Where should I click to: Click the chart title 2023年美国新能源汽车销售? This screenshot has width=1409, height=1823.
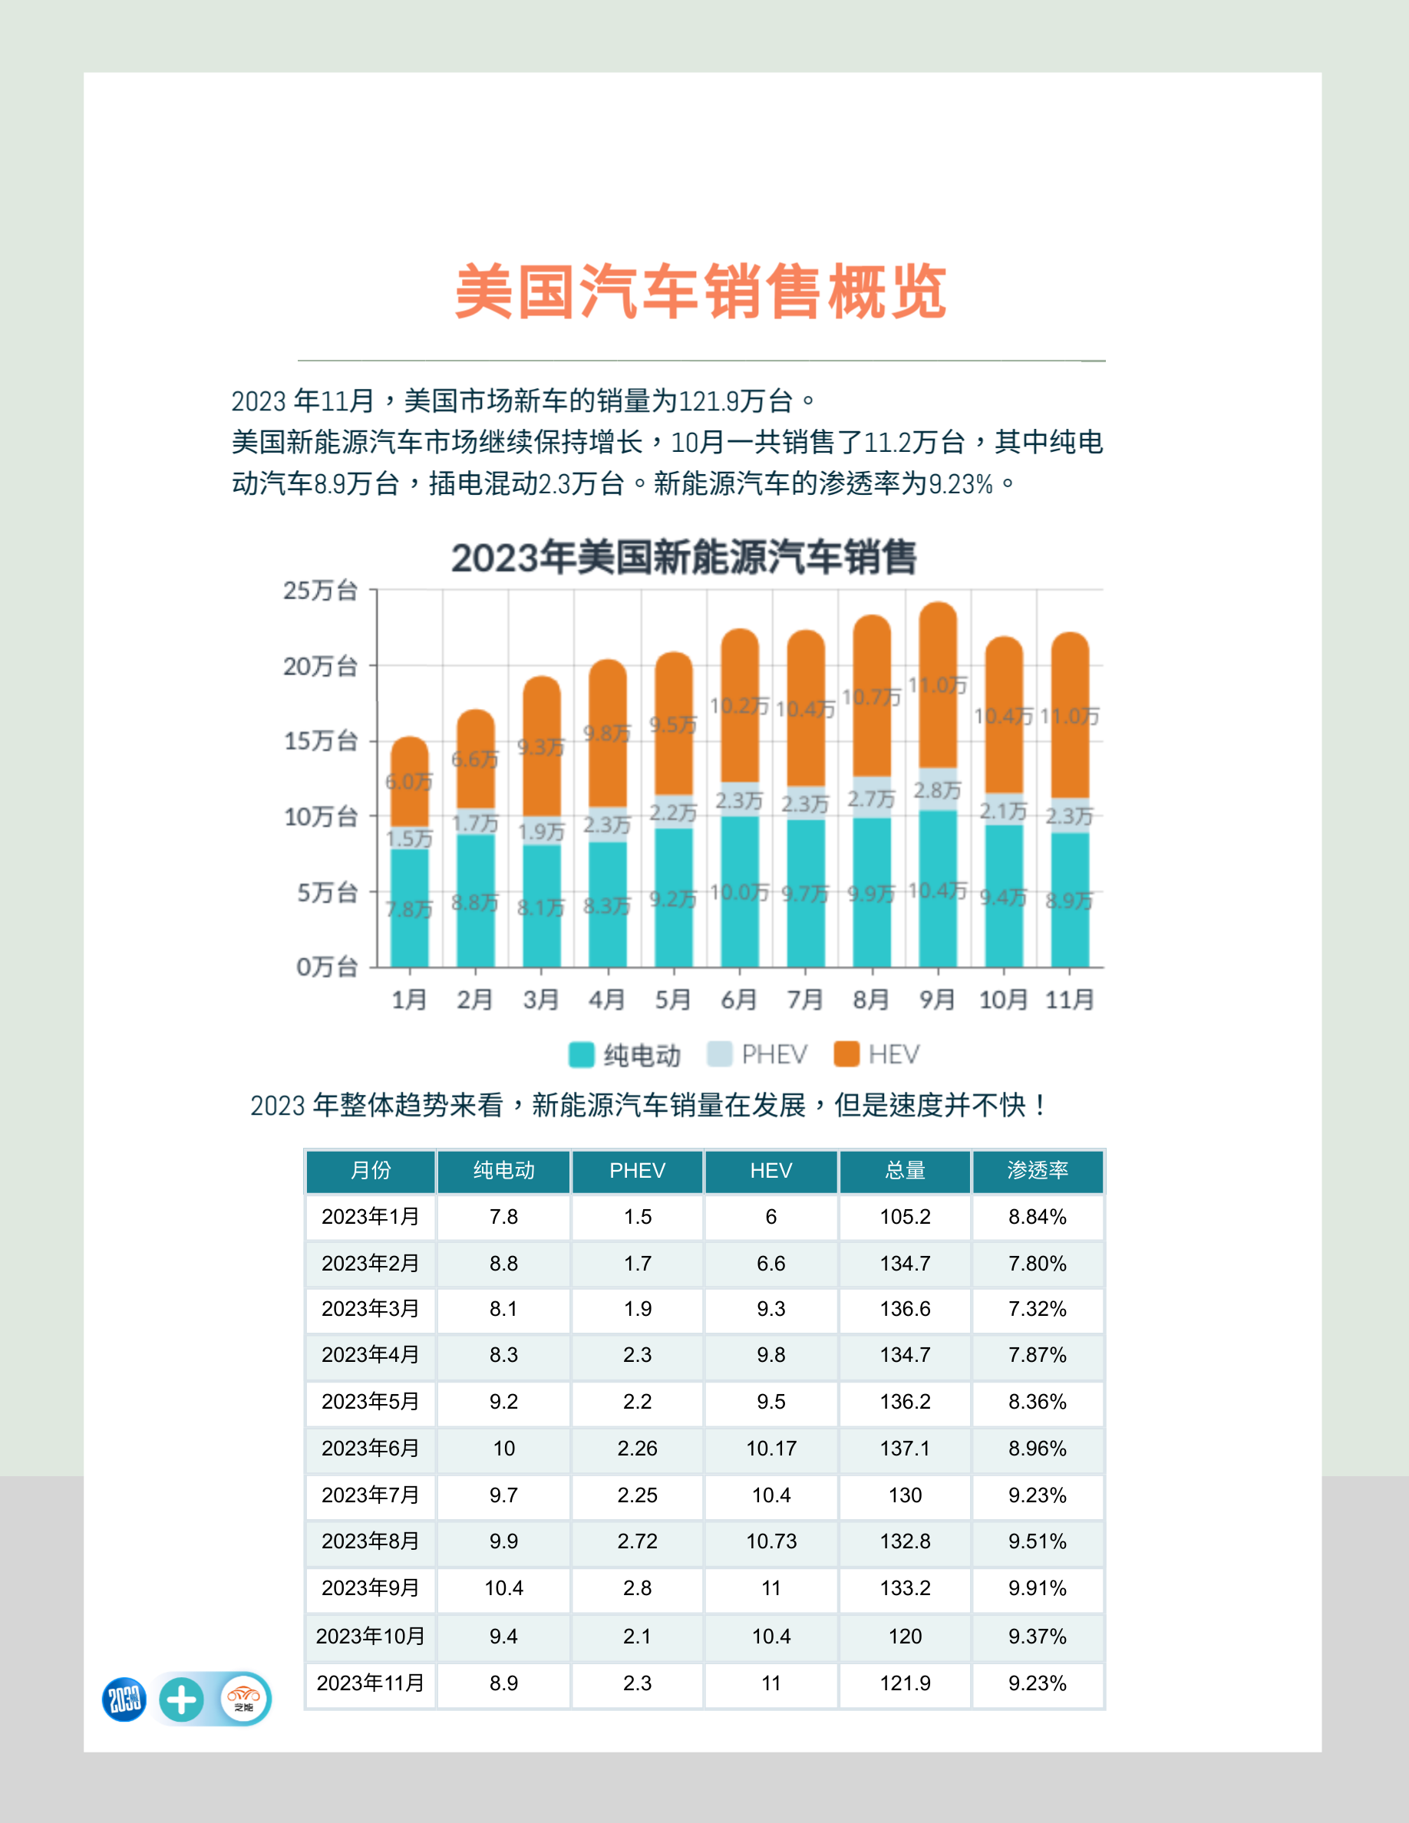click(x=684, y=558)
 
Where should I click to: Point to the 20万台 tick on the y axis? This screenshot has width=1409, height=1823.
click(x=321, y=666)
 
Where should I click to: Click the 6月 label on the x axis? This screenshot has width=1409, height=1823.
click(x=739, y=999)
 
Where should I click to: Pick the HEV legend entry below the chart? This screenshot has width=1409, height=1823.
click(x=878, y=1054)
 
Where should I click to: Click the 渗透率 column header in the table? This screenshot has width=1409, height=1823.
click(x=1038, y=1170)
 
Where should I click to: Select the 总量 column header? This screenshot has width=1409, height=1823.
click(x=905, y=1170)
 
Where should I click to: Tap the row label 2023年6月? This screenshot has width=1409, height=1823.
click(x=370, y=1449)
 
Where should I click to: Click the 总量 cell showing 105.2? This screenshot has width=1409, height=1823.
click(x=905, y=1217)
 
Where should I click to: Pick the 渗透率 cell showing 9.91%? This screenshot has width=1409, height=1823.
click(x=1038, y=1587)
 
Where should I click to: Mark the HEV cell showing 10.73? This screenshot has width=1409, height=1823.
click(x=771, y=1541)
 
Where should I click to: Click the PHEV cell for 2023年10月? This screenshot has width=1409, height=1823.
click(x=637, y=1636)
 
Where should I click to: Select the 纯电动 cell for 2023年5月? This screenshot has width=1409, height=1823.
click(x=503, y=1402)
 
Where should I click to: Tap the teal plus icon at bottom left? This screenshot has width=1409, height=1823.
click(x=181, y=1699)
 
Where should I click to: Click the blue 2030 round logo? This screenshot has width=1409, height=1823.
click(x=124, y=1699)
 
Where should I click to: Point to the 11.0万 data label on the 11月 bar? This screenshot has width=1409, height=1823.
click(x=1069, y=716)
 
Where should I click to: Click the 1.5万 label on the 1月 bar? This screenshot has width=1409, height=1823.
click(x=409, y=838)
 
